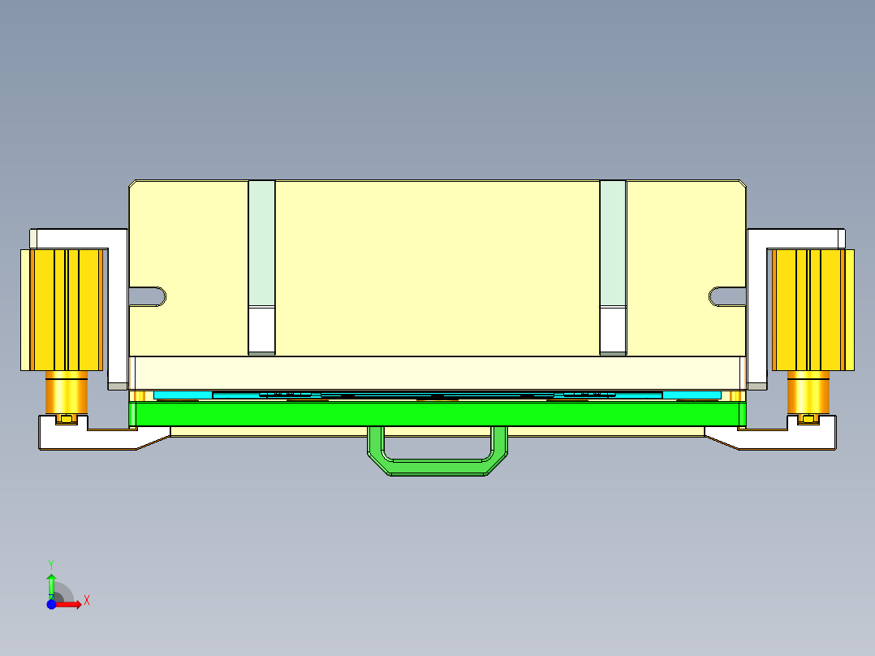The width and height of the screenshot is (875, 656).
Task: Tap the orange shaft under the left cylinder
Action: (x=67, y=393)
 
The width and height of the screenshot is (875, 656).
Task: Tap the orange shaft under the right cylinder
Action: (x=808, y=393)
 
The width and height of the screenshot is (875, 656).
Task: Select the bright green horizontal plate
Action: (x=438, y=414)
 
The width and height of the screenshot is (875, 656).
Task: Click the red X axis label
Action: (x=87, y=600)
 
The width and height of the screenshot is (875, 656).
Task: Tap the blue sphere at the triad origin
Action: (x=51, y=604)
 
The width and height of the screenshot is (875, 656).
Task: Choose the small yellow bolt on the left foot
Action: (x=67, y=419)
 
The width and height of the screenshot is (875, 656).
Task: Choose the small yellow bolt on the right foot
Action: (x=808, y=419)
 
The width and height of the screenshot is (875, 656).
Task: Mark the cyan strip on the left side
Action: (x=183, y=395)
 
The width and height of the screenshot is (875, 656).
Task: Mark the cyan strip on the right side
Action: (x=692, y=395)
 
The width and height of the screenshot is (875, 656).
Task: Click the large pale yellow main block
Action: (x=438, y=268)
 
